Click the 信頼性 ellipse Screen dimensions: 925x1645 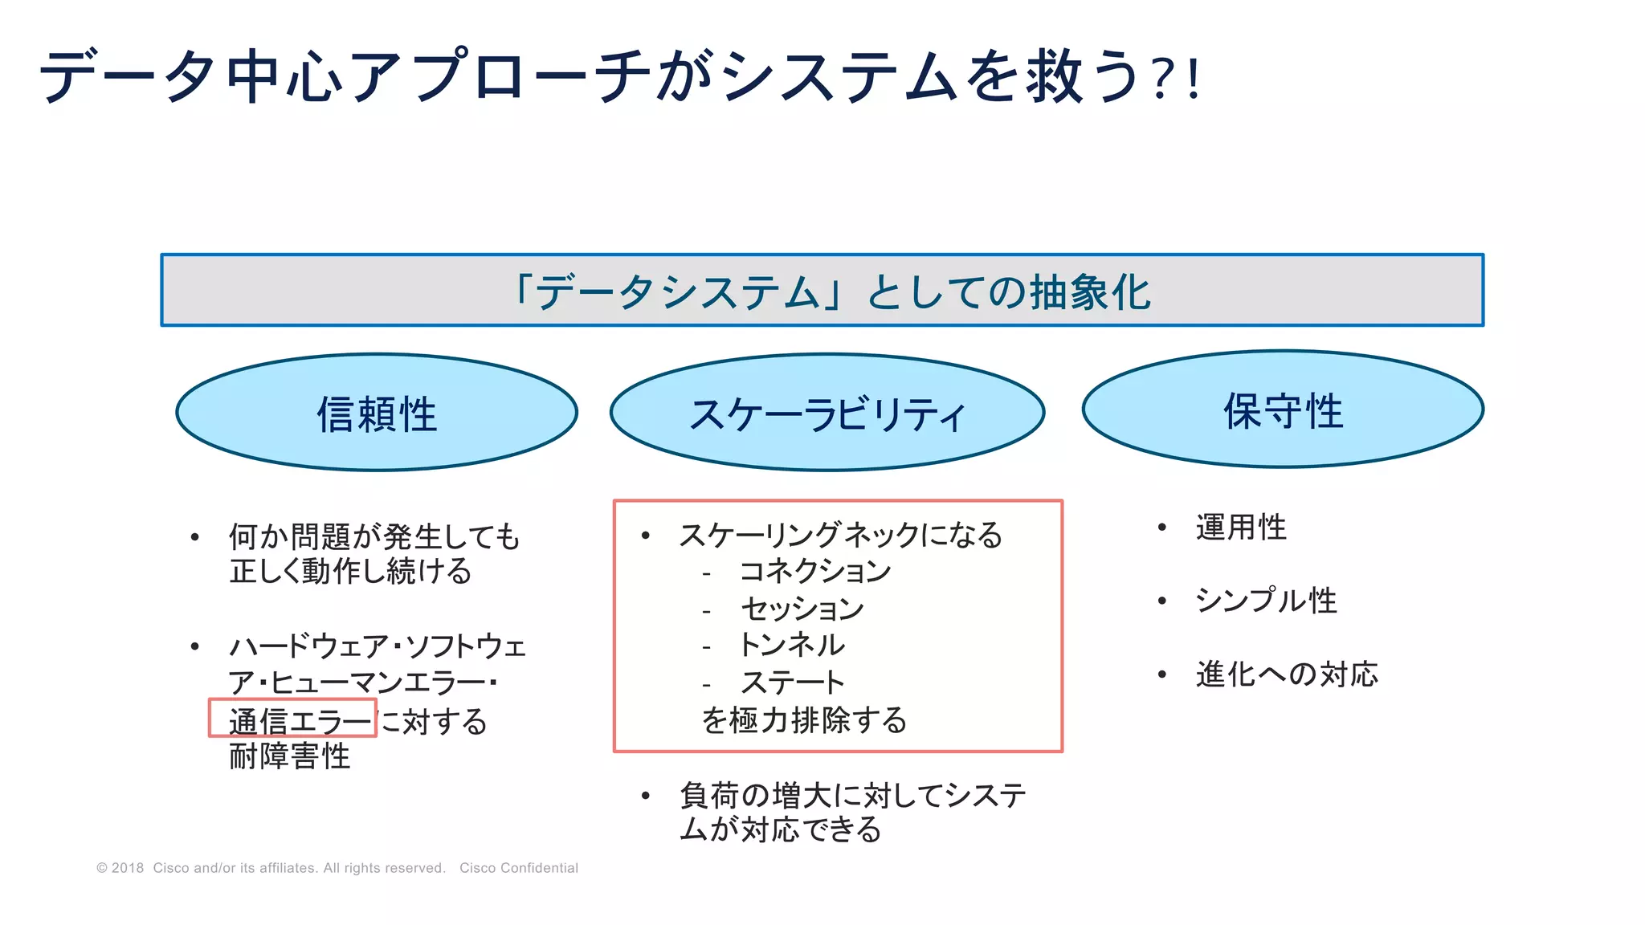pos(377,413)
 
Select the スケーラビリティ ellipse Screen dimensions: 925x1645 pos(827,413)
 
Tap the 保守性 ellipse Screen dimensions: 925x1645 pos(1283,410)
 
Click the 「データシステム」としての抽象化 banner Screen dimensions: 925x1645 pos(822,291)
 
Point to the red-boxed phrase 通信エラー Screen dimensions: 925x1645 pos(293,719)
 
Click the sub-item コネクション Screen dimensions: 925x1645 pos(814,571)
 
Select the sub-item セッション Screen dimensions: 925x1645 pos(802,608)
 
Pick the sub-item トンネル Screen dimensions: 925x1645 pos(791,645)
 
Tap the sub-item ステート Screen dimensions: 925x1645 pos(792,683)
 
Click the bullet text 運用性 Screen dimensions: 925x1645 pos(1241,528)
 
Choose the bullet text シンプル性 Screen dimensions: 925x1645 pos(1266,601)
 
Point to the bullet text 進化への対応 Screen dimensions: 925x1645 pos(1287,674)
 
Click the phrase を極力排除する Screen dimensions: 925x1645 pos(804,720)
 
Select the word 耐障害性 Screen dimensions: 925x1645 pos(290,756)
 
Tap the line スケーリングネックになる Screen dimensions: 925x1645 pos(841,535)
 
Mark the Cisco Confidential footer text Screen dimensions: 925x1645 pos(519,868)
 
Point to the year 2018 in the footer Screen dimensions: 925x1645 pos(128,868)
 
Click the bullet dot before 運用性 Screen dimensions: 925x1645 pos(1161,528)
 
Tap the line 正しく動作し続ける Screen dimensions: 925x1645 pos(350,572)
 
